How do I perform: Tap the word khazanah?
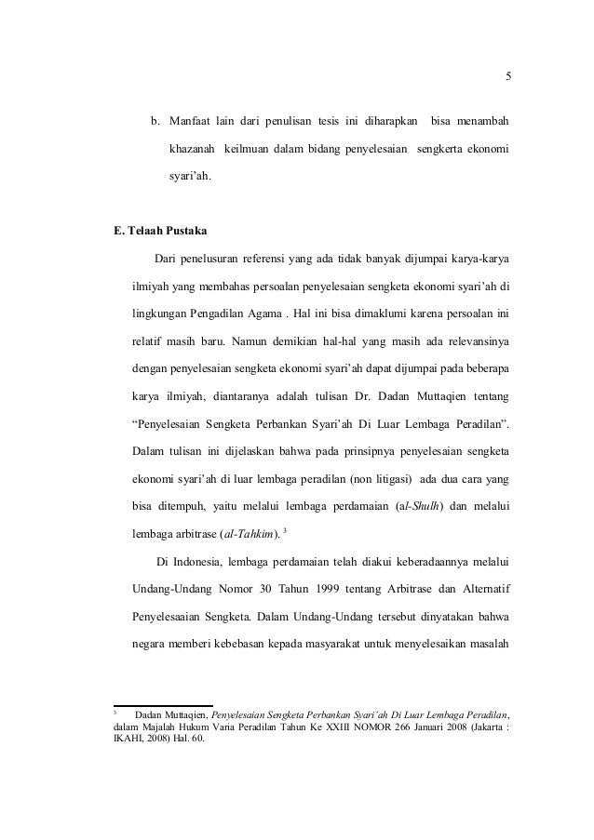click(x=193, y=149)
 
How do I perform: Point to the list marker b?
click(x=156, y=122)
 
